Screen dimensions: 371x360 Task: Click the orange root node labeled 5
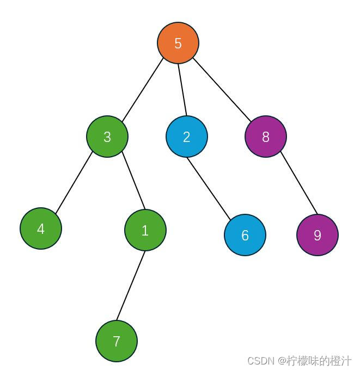click(x=178, y=43)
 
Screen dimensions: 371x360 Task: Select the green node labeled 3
click(x=107, y=137)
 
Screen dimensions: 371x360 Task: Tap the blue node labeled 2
click(x=187, y=137)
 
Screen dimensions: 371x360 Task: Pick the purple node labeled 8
click(x=266, y=137)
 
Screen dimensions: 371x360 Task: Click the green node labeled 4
click(x=41, y=228)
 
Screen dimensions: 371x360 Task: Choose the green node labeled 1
click(x=145, y=230)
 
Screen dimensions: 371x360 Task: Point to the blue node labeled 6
click(x=245, y=235)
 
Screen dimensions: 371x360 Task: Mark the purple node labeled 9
click(x=318, y=235)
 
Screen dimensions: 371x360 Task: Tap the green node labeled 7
click(x=117, y=341)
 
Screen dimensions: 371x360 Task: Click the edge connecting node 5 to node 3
click(x=143, y=90)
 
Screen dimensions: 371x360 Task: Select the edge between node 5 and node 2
click(x=182, y=90)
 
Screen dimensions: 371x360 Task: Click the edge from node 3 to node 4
click(x=74, y=183)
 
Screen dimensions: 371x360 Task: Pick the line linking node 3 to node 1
click(x=133, y=182)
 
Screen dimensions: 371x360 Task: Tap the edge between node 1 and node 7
click(x=131, y=286)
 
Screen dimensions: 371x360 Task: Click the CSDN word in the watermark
click(x=261, y=361)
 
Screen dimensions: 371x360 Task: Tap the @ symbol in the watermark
click(x=282, y=361)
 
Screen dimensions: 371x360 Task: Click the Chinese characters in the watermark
click(x=319, y=361)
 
